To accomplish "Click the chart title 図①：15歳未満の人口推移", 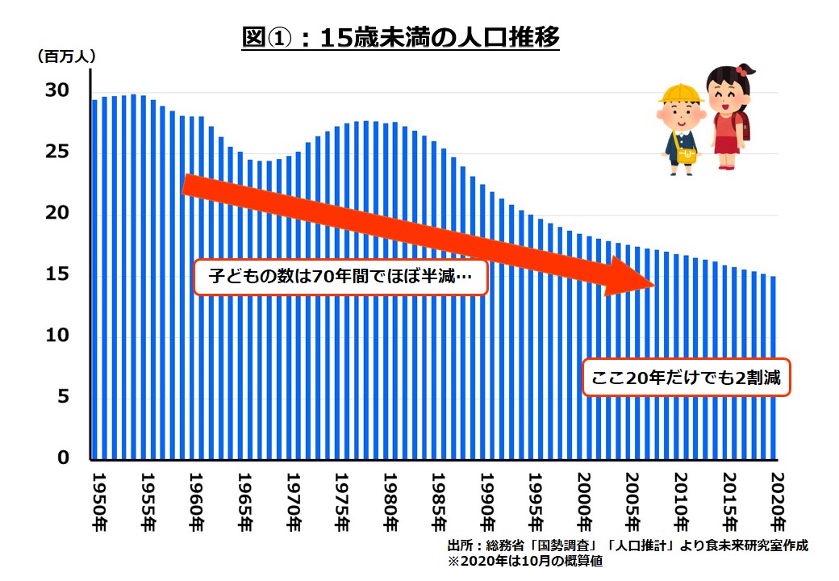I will tap(401, 38).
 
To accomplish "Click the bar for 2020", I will tap(773, 367).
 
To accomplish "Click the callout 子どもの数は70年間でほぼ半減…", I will tap(340, 278).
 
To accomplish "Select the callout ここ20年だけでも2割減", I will tap(687, 377).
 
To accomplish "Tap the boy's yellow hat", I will tap(681, 94).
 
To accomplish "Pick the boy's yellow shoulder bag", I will tap(686, 154).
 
